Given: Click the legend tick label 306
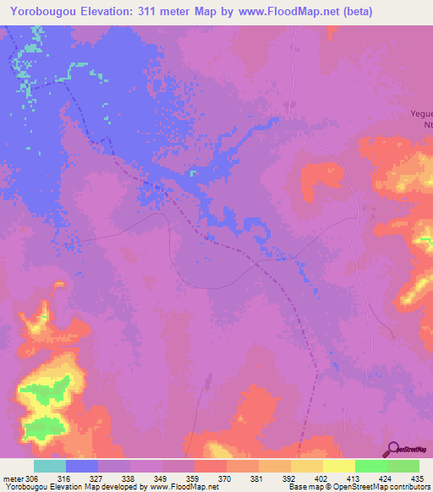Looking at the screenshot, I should (32, 478).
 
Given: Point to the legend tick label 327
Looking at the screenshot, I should (97, 478).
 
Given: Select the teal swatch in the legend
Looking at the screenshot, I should (50, 466).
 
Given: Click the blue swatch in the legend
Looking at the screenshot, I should (82, 466).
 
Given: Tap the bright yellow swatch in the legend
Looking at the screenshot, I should (339, 466).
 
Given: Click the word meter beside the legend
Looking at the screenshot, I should (12, 478).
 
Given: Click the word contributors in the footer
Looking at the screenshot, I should (408, 487).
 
